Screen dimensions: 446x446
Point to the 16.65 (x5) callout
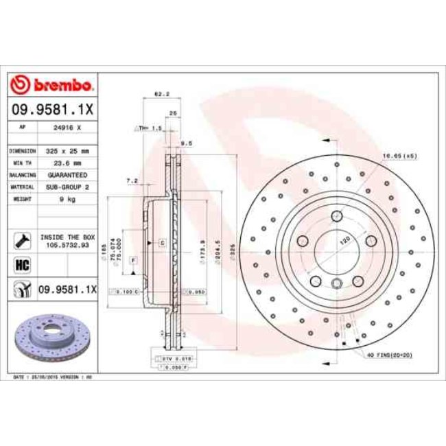click(x=400, y=156)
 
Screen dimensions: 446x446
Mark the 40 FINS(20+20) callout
click(x=393, y=354)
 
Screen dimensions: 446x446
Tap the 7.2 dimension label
click(x=133, y=181)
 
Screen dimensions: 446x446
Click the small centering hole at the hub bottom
click(x=336, y=286)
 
